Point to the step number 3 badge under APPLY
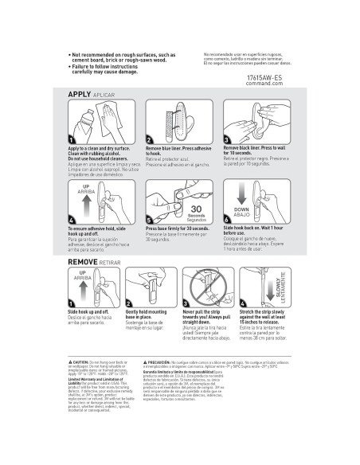click(x=229, y=139)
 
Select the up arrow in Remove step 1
click(x=79, y=290)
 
